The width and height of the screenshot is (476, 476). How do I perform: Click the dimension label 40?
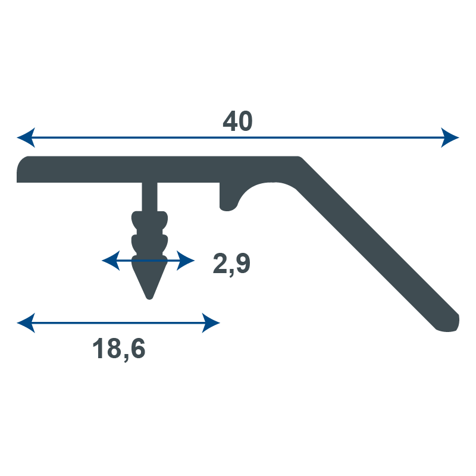coord(237,121)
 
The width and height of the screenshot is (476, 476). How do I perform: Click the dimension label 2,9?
coord(231,264)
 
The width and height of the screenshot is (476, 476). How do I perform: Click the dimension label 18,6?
coord(119,349)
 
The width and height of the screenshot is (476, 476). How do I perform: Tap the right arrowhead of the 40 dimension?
coord(450,137)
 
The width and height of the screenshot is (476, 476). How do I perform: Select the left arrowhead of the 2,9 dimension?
coord(111,261)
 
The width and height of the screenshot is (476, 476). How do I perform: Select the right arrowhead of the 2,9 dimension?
coord(186,261)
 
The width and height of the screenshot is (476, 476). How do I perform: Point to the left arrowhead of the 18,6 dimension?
coord(26,322)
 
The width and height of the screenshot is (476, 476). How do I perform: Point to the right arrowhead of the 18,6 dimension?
coord(211,322)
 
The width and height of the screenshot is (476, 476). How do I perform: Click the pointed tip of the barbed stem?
coord(149,299)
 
